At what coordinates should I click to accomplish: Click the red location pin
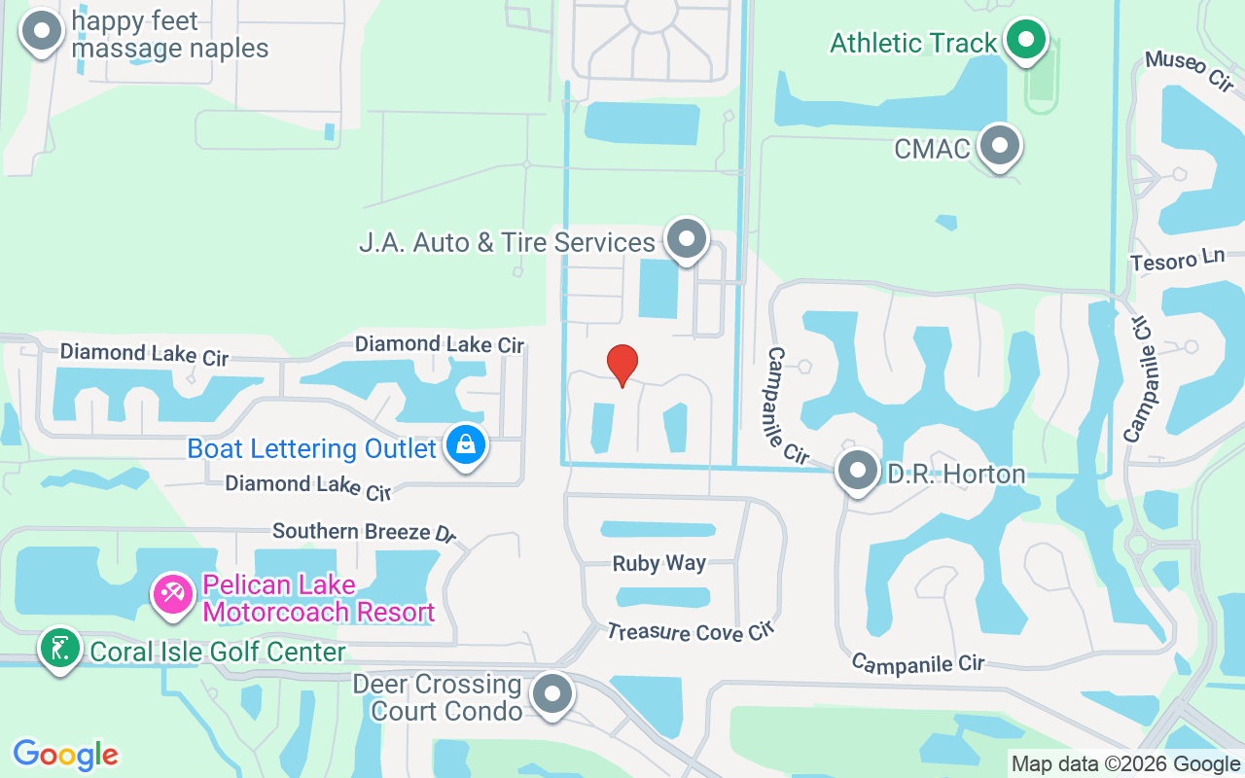[x=622, y=365]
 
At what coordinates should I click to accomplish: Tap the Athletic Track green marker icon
[x=1024, y=41]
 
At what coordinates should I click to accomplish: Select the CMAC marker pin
[x=998, y=146]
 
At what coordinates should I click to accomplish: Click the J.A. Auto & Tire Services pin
[x=688, y=238]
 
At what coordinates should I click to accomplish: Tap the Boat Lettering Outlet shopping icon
[x=466, y=446]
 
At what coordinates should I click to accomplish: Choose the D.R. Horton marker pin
[x=858, y=472]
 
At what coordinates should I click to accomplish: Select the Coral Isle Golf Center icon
[x=60, y=648]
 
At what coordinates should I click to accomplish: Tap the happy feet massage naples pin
[x=41, y=31]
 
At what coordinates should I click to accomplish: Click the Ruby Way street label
[x=659, y=563]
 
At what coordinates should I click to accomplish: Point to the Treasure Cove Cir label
[x=690, y=632]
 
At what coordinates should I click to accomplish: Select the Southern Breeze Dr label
[x=364, y=532]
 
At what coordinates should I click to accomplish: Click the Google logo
[x=66, y=755]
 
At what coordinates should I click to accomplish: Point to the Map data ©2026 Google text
[x=1125, y=764]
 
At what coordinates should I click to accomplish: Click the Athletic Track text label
[x=913, y=43]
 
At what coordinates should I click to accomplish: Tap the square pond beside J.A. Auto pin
[x=658, y=288]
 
